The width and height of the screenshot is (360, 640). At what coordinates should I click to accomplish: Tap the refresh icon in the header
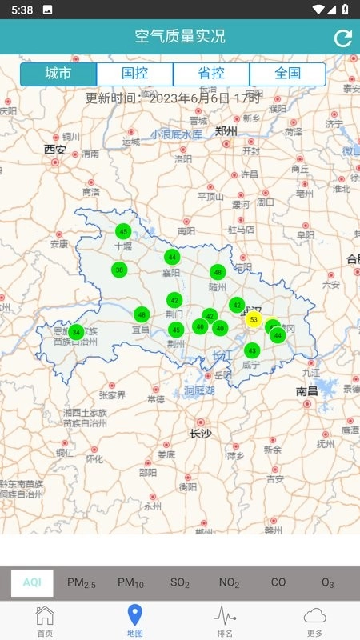pyautogui.click(x=343, y=38)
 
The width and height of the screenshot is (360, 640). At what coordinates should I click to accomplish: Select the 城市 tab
pyautogui.click(x=58, y=74)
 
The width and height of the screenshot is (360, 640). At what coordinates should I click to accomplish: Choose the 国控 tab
pyautogui.click(x=134, y=74)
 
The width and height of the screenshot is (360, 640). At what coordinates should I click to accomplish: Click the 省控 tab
pyautogui.click(x=211, y=74)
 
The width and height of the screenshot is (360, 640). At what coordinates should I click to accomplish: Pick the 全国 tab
pyautogui.click(x=287, y=74)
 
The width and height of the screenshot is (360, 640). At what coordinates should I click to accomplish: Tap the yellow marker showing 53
pyautogui.click(x=254, y=320)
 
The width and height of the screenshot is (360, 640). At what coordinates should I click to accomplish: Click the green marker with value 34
pyautogui.click(x=76, y=332)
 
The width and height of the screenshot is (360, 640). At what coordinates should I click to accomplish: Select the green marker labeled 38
pyautogui.click(x=119, y=270)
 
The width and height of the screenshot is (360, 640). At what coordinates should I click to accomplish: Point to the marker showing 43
pyautogui.click(x=252, y=350)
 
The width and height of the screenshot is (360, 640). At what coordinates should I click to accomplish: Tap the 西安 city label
pyautogui.click(x=55, y=149)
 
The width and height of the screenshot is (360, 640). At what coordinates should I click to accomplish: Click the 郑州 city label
pyautogui.click(x=226, y=131)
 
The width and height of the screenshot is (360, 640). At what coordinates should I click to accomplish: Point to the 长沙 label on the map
pyautogui.click(x=200, y=434)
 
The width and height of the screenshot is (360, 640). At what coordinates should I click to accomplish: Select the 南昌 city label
pyautogui.click(x=307, y=391)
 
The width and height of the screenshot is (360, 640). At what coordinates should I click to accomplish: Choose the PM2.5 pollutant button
pyautogui.click(x=82, y=582)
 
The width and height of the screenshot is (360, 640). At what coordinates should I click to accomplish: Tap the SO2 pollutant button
pyautogui.click(x=180, y=582)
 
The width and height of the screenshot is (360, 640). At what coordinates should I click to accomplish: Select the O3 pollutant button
pyautogui.click(x=328, y=582)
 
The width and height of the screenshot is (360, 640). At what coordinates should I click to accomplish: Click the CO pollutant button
pyautogui.click(x=278, y=582)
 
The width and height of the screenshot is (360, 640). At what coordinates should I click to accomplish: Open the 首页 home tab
pyautogui.click(x=46, y=621)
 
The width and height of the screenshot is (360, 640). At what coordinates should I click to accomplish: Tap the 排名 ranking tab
pyautogui.click(x=225, y=621)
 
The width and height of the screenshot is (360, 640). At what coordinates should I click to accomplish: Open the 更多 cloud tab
pyautogui.click(x=314, y=621)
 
